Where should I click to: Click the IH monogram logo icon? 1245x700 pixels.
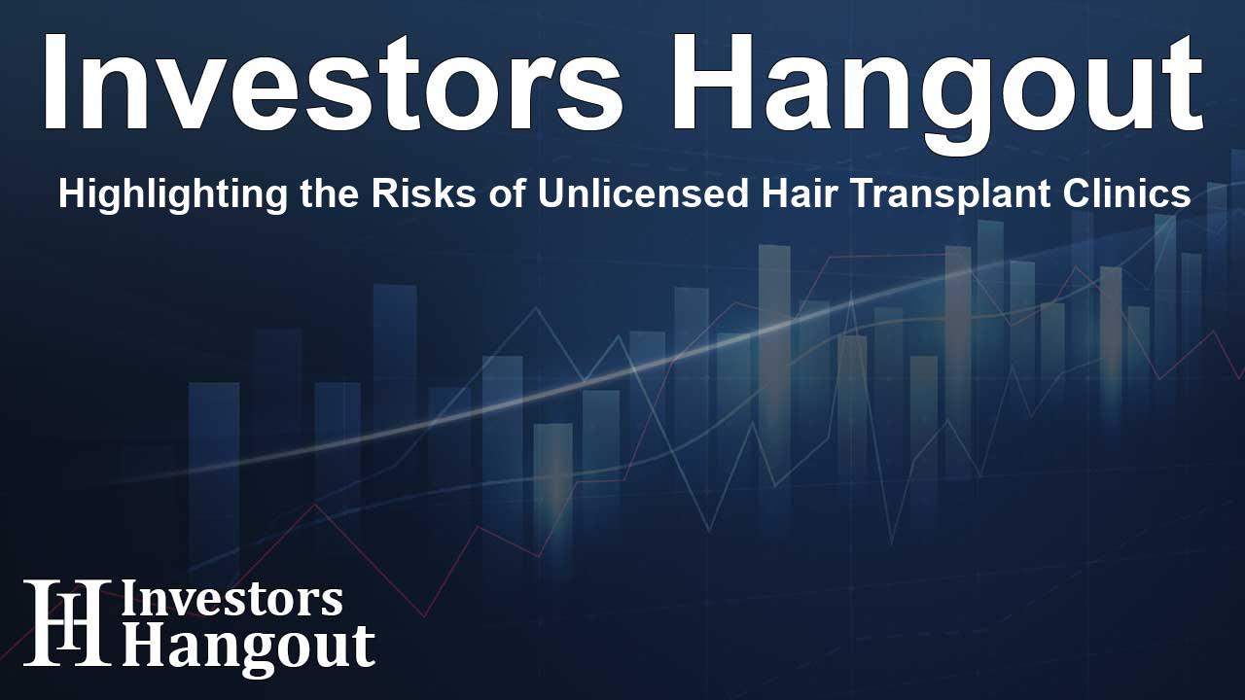[x=66, y=622]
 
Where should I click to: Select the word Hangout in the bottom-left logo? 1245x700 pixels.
[x=248, y=646]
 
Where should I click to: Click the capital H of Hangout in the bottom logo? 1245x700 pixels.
[x=140, y=646]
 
